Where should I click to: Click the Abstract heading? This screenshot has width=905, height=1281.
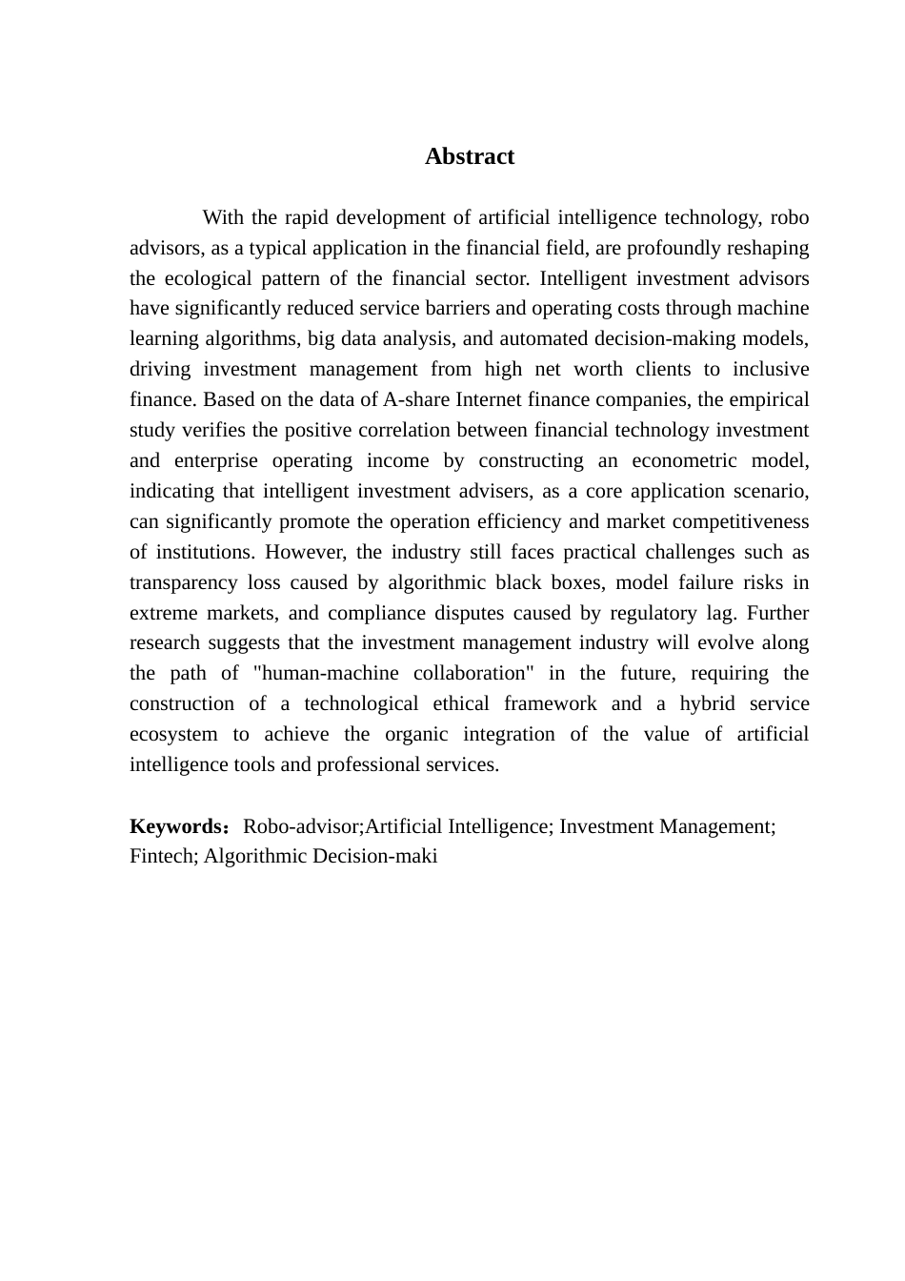click(x=470, y=157)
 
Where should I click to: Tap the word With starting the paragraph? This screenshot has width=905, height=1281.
click(x=223, y=218)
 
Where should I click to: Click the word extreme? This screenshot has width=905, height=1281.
click(x=163, y=614)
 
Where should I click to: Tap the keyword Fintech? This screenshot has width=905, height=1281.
click(x=162, y=857)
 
